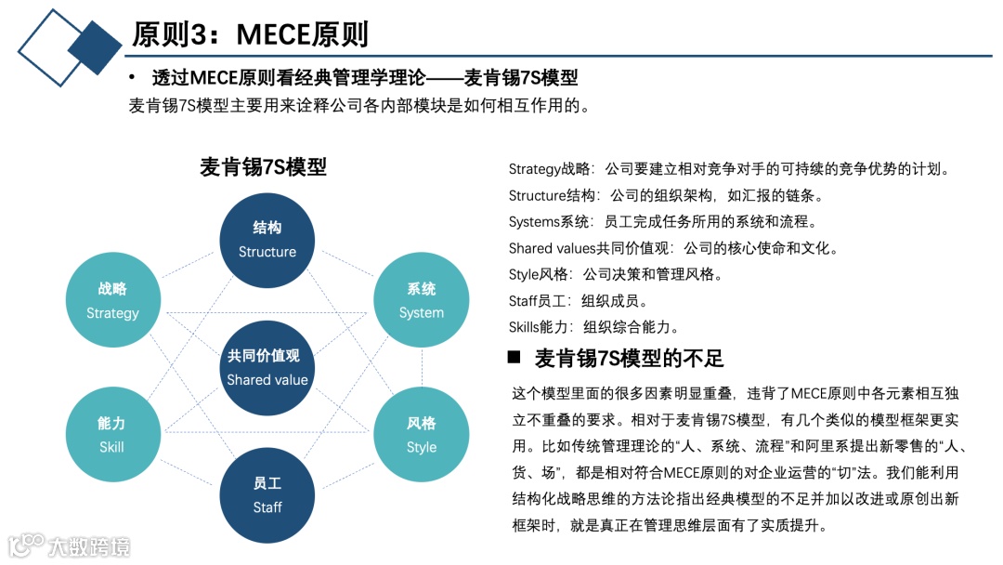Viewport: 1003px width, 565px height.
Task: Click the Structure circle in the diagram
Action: [x=267, y=240]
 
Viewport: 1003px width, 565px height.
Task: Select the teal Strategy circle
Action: [x=112, y=300]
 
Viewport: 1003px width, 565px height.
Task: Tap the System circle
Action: [x=421, y=300]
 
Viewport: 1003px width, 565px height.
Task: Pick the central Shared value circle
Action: [x=267, y=367]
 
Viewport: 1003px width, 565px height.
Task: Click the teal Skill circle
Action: [x=112, y=435]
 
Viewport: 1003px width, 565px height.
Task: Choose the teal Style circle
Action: [x=421, y=435]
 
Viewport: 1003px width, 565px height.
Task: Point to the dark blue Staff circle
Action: [x=267, y=495]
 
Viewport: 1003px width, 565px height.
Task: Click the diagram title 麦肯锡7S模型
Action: [x=263, y=167]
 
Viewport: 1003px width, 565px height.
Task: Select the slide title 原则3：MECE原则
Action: [x=250, y=34]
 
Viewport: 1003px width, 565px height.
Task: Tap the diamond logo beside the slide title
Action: [x=70, y=46]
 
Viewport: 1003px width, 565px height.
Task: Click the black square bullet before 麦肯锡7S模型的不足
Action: [x=515, y=357]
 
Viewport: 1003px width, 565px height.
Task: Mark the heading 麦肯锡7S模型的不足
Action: [x=629, y=358]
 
